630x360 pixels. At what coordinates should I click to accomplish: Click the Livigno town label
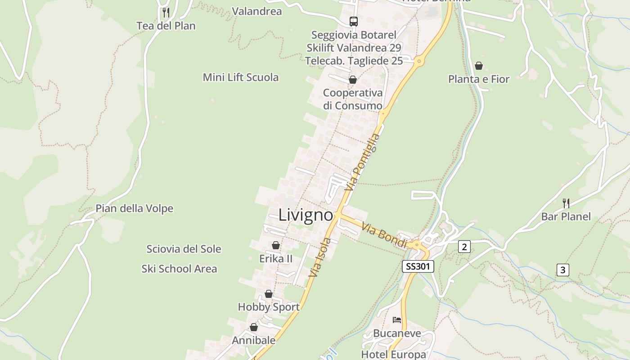coord(306,215)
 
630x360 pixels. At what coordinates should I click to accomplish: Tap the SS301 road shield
coord(418,266)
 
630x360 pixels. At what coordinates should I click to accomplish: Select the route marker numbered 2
coord(464,246)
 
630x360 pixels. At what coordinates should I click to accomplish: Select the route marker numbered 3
coord(562,270)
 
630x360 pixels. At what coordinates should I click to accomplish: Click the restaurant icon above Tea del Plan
coord(166,12)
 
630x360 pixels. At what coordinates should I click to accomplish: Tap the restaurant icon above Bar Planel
coord(566,203)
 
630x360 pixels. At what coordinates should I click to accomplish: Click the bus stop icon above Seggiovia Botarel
coord(354,21)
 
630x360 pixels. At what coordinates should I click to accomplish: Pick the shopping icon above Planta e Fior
coord(479,66)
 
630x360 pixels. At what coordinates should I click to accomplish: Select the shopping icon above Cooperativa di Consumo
coord(353,80)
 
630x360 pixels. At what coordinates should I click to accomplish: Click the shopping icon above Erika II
coord(276,245)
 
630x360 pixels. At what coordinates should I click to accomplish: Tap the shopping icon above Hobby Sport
coord(269,294)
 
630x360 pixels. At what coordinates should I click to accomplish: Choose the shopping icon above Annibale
coord(254,327)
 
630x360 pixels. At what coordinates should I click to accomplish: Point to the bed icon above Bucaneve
coord(397,320)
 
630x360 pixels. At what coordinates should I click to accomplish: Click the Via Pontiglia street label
coord(362,162)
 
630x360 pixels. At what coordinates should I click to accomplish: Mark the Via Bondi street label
coord(384,236)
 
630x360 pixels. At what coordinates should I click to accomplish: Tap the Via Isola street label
coord(319,257)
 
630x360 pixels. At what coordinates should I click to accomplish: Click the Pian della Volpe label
coord(134,208)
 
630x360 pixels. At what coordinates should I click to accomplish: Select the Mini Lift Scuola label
coord(241,77)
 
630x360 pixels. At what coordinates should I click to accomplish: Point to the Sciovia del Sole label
coord(184,249)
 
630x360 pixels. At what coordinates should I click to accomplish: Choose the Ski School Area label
coord(179,269)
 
